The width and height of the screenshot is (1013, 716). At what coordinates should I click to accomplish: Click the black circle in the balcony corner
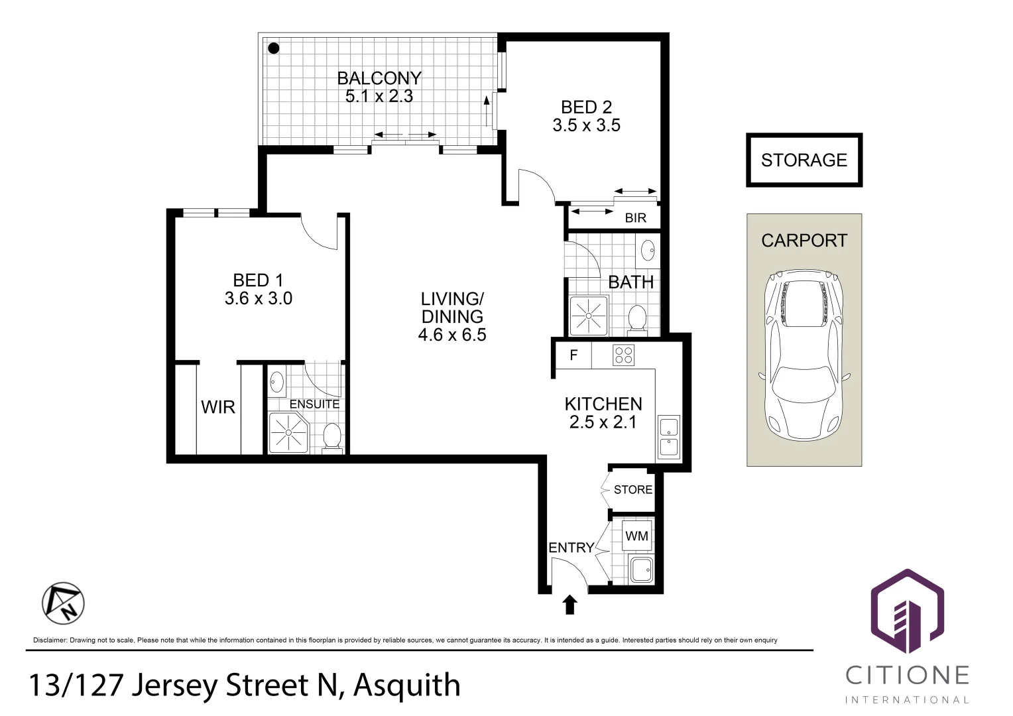273,48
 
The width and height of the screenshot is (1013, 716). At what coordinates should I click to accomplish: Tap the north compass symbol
63,603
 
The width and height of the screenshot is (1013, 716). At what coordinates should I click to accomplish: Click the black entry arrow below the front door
569,605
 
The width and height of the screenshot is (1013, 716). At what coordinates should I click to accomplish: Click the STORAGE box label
804,160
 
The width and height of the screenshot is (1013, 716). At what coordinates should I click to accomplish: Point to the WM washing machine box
636,536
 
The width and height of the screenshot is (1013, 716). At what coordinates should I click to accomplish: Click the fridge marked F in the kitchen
573,355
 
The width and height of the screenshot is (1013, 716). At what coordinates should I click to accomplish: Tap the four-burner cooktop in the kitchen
623,355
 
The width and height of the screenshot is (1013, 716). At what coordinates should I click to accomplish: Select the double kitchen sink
668,438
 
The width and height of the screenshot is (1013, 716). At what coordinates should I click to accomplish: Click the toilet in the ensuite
331,438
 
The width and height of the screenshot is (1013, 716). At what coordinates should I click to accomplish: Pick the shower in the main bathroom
588,315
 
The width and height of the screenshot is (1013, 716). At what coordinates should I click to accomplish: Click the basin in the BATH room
648,251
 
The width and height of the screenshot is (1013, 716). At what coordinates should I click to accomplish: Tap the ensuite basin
277,382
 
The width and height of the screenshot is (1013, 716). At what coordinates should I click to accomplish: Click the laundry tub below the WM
641,569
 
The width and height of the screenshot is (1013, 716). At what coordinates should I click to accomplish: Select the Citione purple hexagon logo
906,611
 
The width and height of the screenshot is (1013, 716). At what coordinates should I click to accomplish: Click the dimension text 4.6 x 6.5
452,335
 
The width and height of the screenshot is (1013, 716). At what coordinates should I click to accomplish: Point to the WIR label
218,407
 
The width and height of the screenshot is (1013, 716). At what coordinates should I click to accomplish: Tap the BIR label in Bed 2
635,218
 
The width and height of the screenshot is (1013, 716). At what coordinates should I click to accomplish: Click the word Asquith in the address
406,686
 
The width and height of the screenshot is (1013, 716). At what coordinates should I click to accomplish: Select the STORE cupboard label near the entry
632,490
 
